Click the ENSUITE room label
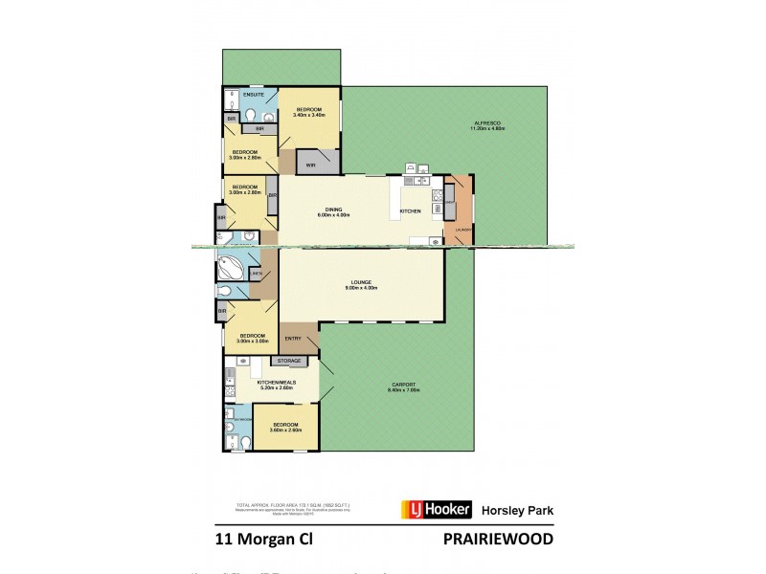(254, 95)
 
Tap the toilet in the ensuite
(251, 115)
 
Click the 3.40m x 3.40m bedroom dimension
(311, 115)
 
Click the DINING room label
(333, 210)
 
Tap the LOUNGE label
(360, 281)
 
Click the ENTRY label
(293, 338)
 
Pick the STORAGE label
(290, 361)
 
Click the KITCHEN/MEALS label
(276, 381)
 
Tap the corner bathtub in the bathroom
(233, 264)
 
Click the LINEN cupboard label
(256, 275)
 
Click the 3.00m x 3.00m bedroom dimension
(251, 341)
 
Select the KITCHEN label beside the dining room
(410, 210)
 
